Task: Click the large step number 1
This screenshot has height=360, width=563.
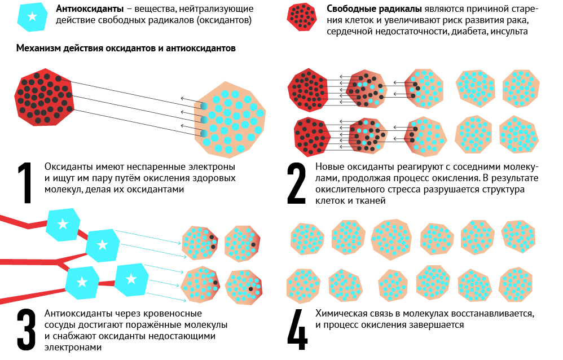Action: click(x=25, y=183)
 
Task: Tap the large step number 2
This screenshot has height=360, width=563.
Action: click(x=296, y=183)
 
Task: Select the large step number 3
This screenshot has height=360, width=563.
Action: click(x=25, y=330)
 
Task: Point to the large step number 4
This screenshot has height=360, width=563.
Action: click(x=297, y=330)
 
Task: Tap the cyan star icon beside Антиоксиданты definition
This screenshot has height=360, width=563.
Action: click(x=32, y=16)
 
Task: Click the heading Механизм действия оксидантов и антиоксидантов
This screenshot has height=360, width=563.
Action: click(x=126, y=49)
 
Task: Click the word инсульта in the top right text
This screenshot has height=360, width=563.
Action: click(x=509, y=32)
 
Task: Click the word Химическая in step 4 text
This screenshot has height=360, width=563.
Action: click(x=340, y=313)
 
